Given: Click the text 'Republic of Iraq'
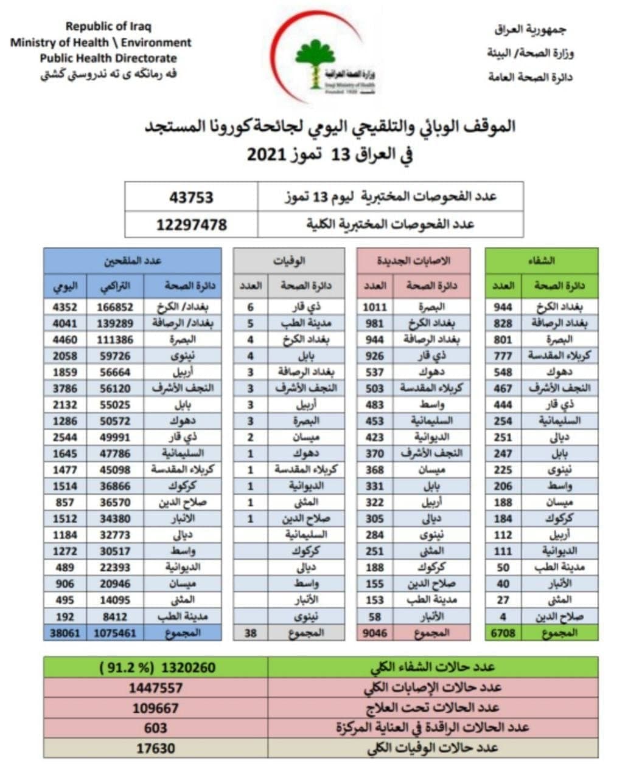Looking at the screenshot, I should point(108,27).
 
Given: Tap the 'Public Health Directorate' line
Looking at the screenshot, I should point(108,58).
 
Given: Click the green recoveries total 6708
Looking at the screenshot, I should point(503,633).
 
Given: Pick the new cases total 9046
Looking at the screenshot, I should point(374,633).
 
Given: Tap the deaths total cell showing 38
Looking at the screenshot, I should point(250,633).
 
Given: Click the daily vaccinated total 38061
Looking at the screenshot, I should point(65,633).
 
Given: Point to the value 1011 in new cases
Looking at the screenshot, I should point(374,307).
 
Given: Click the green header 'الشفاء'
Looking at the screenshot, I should point(542,261).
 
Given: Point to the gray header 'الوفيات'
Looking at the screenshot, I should point(289,261).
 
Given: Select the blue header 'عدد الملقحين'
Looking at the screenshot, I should point(132,261).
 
